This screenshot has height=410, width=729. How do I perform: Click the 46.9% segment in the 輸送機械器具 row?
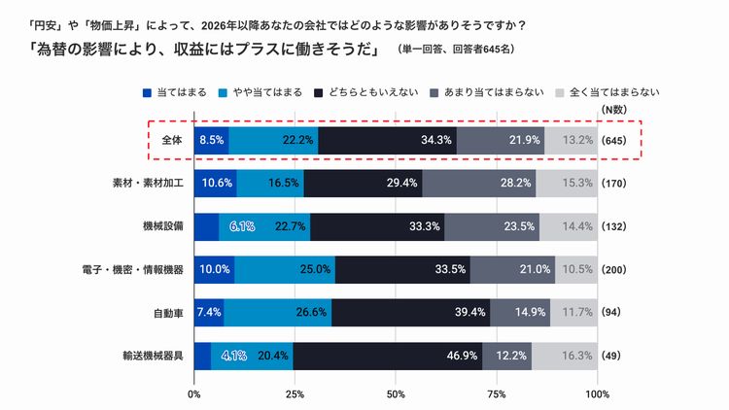pyautogui.click(x=388, y=356)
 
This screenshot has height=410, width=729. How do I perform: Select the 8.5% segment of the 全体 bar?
pyautogui.click(x=211, y=140)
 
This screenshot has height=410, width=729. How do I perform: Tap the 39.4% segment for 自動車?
pyautogui.click(x=410, y=313)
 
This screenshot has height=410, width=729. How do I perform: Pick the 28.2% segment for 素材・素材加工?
pyautogui.click(x=478, y=183)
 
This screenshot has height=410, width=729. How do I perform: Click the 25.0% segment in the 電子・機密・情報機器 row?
pyautogui.click(x=285, y=269)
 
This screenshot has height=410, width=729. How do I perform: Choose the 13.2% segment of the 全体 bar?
pyautogui.click(x=571, y=140)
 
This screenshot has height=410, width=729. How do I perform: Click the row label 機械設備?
pyautogui.click(x=159, y=226)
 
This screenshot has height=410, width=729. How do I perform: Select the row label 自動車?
pyautogui.click(x=165, y=313)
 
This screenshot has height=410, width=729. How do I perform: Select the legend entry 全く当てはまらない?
pyautogui.click(x=613, y=93)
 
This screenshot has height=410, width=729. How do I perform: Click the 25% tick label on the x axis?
pyautogui.click(x=295, y=394)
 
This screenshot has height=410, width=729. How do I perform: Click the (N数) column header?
pyautogui.click(x=615, y=110)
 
